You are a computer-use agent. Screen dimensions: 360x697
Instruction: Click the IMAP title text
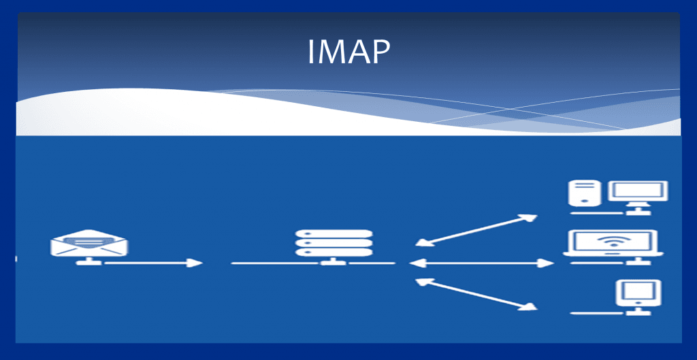(348, 52)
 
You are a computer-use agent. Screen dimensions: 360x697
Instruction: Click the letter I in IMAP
(311, 52)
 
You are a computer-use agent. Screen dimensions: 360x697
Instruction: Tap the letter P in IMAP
(380, 52)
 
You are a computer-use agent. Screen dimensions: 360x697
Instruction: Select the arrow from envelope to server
(154, 263)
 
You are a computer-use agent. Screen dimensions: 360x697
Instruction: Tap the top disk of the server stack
(334, 233)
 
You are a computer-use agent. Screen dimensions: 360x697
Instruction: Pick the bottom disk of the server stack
(334, 252)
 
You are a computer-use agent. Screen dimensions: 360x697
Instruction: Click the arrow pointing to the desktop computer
(476, 229)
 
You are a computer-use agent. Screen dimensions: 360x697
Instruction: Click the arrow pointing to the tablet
(476, 294)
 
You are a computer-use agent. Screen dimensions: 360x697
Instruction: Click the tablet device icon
(638, 293)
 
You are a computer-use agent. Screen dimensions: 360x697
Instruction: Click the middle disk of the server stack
(334, 243)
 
